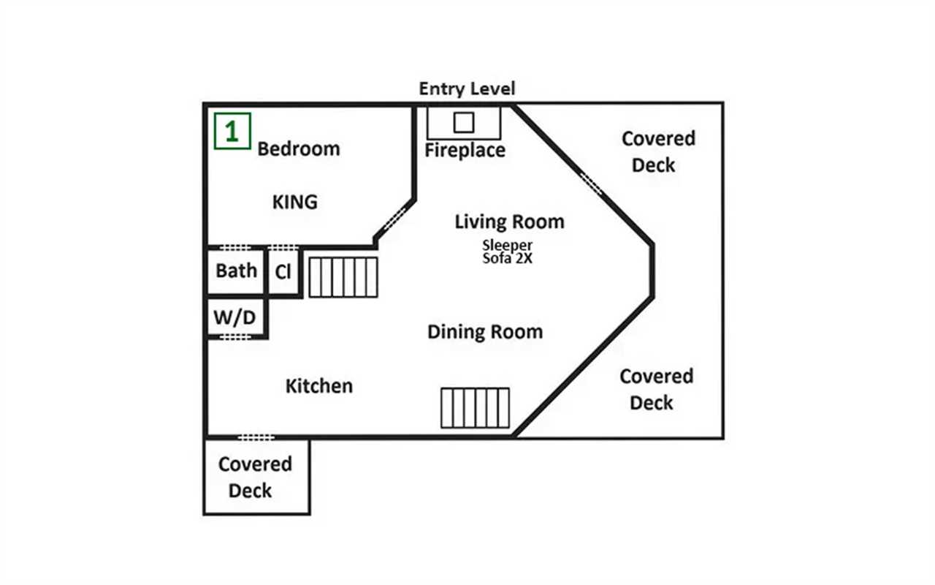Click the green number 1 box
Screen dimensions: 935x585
[232, 131]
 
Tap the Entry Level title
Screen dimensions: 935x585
[467, 88]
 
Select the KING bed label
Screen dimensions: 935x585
[294, 203]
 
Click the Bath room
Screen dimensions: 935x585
[236, 271]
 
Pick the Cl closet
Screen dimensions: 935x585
[283, 271]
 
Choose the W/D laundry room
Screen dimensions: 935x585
[235, 317]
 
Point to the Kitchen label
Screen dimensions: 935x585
[319, 386]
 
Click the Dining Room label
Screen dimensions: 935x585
[485, 332]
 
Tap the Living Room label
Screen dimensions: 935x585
[509, 222]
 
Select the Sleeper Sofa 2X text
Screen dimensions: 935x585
[507, 252]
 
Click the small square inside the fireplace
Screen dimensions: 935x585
[464, 122]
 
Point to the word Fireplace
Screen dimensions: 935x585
[465, 151]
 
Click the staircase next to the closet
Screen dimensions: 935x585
[343, 277]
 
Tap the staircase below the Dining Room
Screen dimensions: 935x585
[475, 408]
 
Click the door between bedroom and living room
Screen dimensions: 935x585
[394, 219]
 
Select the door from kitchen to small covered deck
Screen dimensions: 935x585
[256, 437]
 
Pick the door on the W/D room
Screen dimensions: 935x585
[235, 337]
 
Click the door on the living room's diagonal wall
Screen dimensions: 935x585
[592, 184]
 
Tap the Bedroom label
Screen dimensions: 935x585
[299, 149]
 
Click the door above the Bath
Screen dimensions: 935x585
[235, 247]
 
